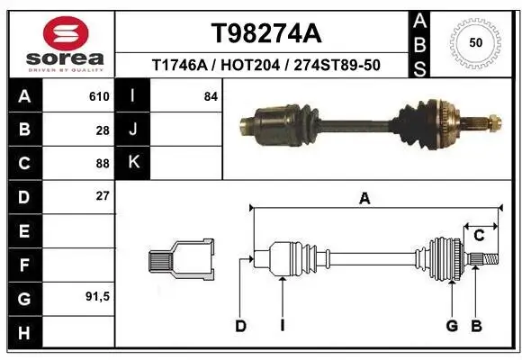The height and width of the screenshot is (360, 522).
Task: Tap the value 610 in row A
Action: (99, 96)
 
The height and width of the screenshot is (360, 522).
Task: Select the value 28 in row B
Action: (103, 130)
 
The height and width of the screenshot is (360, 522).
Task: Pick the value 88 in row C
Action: (103, 163)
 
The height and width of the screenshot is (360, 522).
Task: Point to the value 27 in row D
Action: (103, 196)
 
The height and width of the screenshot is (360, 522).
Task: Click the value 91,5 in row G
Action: (98, 296)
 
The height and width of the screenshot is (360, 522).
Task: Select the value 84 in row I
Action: (211, 96)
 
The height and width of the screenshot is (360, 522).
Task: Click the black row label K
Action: (134, 163)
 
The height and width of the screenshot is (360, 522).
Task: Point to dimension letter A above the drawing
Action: (364, 199)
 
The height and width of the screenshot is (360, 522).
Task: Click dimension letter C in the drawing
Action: (480, 236)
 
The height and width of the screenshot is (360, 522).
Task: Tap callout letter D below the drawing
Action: (241, 326)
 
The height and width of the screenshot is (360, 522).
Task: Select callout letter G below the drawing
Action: (452, 326)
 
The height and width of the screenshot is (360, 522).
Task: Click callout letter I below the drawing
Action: (282, 326)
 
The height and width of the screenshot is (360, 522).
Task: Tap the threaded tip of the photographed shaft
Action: (493, 119)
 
